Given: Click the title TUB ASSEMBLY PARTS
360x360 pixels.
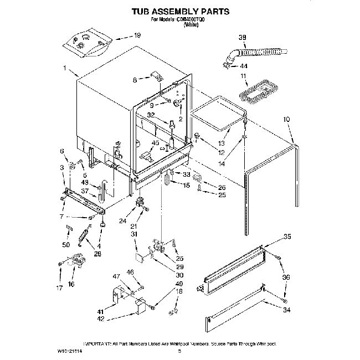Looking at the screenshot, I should click(x=179, y=11).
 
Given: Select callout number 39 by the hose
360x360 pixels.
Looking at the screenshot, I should click(x=242, y=37).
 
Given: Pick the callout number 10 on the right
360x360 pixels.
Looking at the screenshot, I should click(x=286, y=119).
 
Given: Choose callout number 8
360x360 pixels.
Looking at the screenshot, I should click(x=134, y=80).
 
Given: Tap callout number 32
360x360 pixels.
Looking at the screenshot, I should click(x=151, y=115).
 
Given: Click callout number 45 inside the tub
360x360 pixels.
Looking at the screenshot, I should click(x=155, y=143).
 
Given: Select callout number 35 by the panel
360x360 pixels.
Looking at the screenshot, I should click(x=286, y=237).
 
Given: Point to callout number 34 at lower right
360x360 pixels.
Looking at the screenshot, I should click(x=286, y=311).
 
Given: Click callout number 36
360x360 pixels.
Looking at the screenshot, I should click(x=286, y=277).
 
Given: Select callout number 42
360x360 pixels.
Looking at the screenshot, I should click(x=101, y=319).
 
